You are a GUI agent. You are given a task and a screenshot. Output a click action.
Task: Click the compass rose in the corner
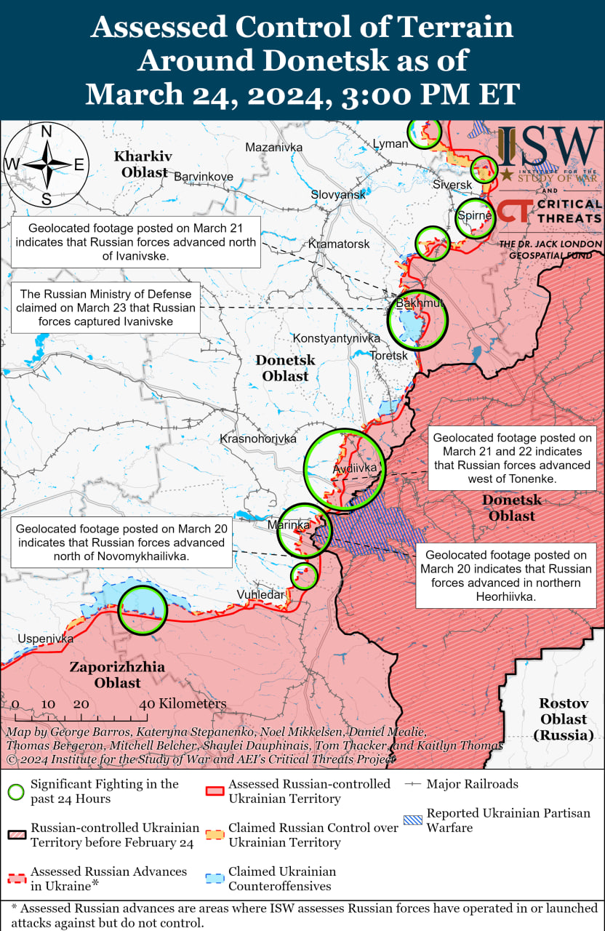(x=46, y=164)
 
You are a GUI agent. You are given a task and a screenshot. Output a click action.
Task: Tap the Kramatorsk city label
(x=339, y=244)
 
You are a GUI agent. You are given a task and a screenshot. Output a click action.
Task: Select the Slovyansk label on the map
(x=338, y=195)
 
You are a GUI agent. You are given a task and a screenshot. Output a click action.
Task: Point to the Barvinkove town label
(x=203, y=177)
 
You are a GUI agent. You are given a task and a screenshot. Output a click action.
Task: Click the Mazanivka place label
(x=273, y=148)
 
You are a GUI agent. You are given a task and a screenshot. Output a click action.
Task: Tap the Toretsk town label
(x=389, y=356)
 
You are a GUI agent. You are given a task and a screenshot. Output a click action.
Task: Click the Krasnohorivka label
(x=258, y=439)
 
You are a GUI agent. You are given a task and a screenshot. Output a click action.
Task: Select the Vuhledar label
(x=260, y=595)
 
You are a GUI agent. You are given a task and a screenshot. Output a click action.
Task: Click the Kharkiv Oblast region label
(x=143, y=164)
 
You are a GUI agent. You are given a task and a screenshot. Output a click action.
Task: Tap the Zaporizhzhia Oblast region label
(x=117, y=675)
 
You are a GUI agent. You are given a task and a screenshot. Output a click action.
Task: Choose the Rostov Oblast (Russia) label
(x=563, y=719)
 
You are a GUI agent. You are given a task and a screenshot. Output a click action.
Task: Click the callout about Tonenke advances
(x=512, y=458)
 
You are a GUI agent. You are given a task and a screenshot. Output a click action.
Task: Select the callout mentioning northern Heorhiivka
(x=505, y=575)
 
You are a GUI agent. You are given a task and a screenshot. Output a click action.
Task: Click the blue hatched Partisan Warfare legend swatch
(x=412, y=819)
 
